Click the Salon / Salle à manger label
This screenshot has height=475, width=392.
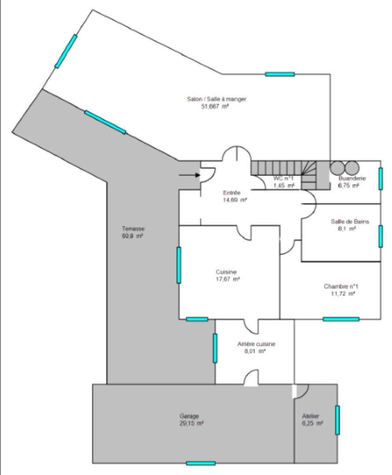coord(216,99)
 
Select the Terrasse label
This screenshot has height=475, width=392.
coord(133,229)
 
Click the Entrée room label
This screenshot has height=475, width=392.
coord(231,193)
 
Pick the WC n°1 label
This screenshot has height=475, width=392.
coord(284,179)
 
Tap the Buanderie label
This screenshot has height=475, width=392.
coord(352,179)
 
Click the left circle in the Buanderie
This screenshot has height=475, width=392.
coord(338,168)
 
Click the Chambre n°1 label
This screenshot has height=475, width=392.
coord(344,286)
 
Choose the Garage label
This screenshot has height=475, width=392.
coord(189,416)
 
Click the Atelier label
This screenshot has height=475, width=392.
coord(310,416)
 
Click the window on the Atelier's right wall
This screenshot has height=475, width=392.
coord(337,420)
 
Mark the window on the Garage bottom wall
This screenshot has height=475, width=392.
coord(201,463)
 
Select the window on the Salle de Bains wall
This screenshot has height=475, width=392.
coord(381,237)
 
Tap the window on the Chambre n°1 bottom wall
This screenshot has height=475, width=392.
coord(341,319)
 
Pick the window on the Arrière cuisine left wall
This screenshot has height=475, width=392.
coord(215,348)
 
